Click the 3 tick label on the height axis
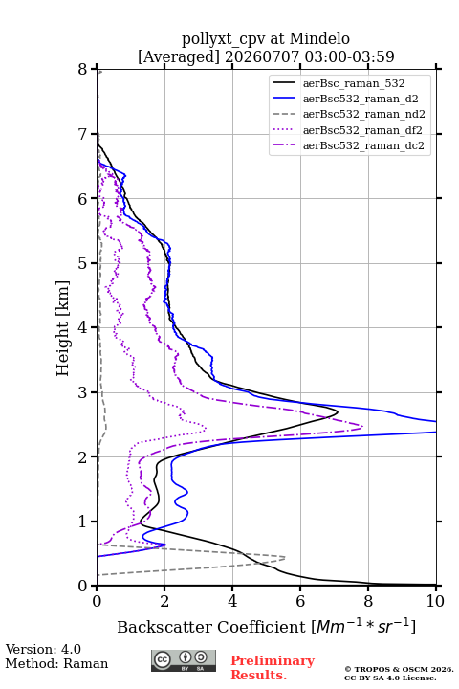pos(82,392)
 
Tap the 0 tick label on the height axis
pos(82,586)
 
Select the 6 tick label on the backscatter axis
pos(300,601)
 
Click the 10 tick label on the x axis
pos(435,601)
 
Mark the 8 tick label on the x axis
pos(368,601)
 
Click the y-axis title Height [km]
pos(63,328)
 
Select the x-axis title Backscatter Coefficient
pos(211,627)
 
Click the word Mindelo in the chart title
pos(319,39)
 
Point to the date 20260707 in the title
pos(262,56)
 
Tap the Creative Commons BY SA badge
pos(184,660)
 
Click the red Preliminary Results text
pos(273,668)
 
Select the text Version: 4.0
pos(43,649)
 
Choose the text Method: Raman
pos(56,663)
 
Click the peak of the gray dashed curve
pos(285,558)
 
